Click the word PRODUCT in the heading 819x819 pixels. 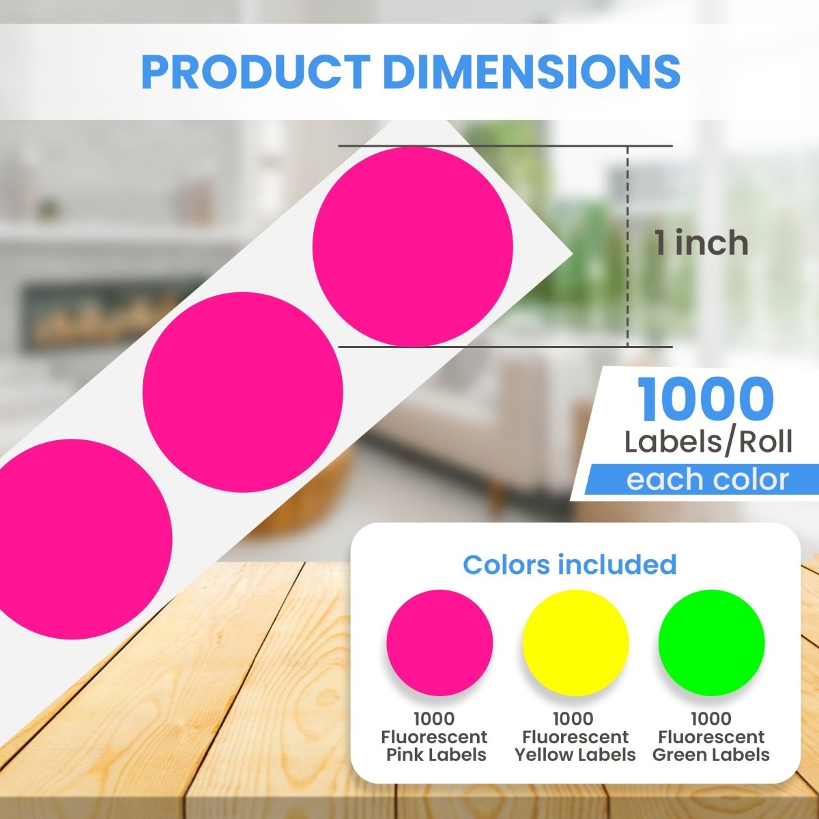(256, 72)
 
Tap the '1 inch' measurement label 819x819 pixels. (702, 243)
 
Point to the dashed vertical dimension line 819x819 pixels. (627, 246)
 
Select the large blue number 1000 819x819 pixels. (706, 400)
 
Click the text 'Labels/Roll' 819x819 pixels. (708, 442)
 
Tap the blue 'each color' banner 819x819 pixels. (702, 479)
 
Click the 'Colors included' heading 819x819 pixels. (569, 565)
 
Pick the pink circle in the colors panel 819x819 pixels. (440, 643)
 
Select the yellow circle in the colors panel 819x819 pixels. (575, 643)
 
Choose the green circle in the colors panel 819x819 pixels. (711, 643)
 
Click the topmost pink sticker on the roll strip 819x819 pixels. (413, 246)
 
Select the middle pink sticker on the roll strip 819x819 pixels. (243, 392)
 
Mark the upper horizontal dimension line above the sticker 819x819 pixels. (505, 146)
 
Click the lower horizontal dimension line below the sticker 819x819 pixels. (505, 347)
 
